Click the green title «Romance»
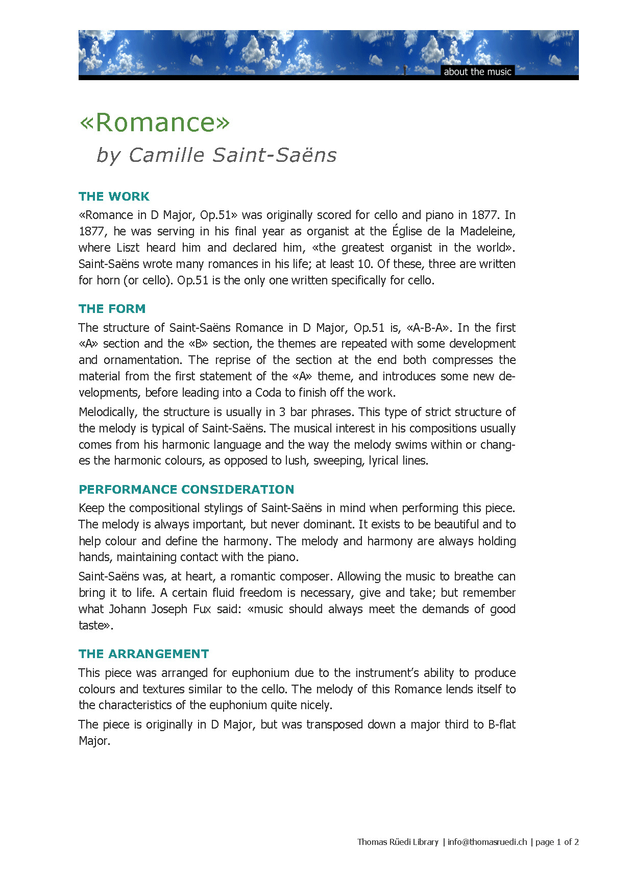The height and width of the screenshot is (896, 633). pos(155,123)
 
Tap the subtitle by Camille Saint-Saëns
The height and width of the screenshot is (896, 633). pos(216,155)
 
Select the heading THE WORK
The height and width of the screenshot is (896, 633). pos(114,197)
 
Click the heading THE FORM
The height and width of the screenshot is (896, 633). pos(112,309)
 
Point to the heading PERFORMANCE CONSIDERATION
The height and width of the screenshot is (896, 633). pos(186,490)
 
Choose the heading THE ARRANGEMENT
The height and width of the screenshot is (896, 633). pos(144,654)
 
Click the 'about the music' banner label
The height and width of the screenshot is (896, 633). pos(477,71)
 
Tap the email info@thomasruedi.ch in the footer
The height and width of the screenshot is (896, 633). pos(487,842)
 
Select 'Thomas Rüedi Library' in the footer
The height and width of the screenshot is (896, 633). pos(398,842)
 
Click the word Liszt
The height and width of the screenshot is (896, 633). pos(128,248)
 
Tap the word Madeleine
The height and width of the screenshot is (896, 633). pos(488,231)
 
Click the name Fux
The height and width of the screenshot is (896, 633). pos(202,609)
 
